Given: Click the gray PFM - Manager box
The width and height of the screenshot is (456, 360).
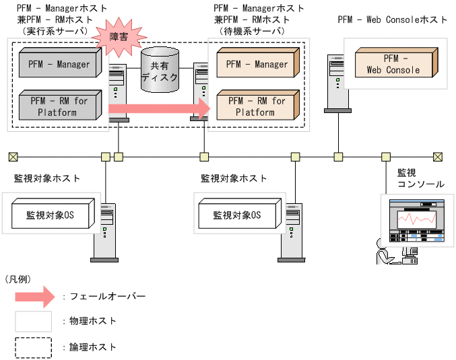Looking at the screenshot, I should (x=59, y=65).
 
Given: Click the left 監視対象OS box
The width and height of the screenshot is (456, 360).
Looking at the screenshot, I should (x=49, y=215).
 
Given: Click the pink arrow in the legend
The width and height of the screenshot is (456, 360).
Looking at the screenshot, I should (x=34, y=295).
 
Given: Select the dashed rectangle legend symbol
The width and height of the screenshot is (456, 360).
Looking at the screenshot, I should (x=34, y=347).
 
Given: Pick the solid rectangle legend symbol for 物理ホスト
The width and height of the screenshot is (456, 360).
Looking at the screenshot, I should (x=34, y=321).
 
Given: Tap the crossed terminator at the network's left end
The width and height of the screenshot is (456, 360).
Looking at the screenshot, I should (x=13, y=157).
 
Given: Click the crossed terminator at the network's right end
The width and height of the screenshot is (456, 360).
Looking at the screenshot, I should (x=438, y=157).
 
